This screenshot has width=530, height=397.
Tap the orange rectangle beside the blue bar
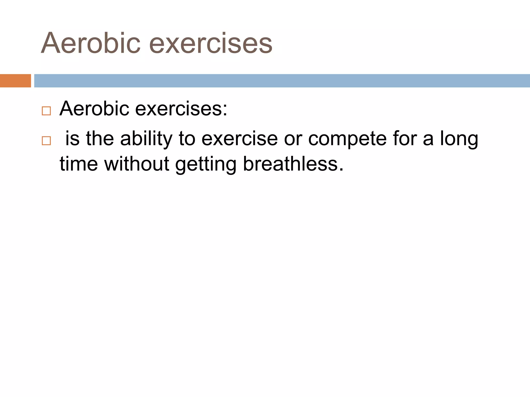coord(15,81)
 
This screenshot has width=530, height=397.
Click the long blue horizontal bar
coord(282,81)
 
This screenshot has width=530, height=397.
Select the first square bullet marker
coord(46,111)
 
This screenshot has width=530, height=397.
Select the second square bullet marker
coord(46,141)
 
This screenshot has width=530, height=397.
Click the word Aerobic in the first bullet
coord(94,108)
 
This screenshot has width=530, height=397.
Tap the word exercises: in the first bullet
coord(181,108)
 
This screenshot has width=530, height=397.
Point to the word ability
coord(146,139)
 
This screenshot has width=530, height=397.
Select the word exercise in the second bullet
coord(240,139)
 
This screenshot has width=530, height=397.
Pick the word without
coord(137,164)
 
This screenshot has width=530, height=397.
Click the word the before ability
coord(100,139)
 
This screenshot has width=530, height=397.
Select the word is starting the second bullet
coord(72,139)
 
